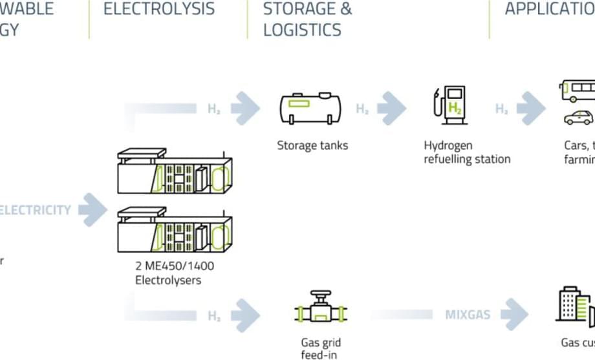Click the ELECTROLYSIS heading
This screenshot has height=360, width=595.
pos(158,9)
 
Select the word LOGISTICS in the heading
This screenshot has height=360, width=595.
pos(302,30)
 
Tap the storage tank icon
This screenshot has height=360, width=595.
pos(310,107)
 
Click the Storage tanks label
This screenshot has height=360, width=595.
pos(312,145)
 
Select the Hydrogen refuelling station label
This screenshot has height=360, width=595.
pos(467,152)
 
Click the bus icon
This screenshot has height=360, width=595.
pos(578,91)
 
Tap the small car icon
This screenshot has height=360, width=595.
pos(578,118)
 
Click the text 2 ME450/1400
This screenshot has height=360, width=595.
pos(175,266)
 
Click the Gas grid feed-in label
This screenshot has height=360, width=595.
pos(321,348)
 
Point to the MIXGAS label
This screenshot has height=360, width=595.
pos(467,315)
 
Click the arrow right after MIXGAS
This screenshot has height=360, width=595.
pos(514,315)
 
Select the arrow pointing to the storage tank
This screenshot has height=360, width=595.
pos(245,109)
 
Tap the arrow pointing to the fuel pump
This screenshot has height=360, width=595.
pos(392,109)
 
